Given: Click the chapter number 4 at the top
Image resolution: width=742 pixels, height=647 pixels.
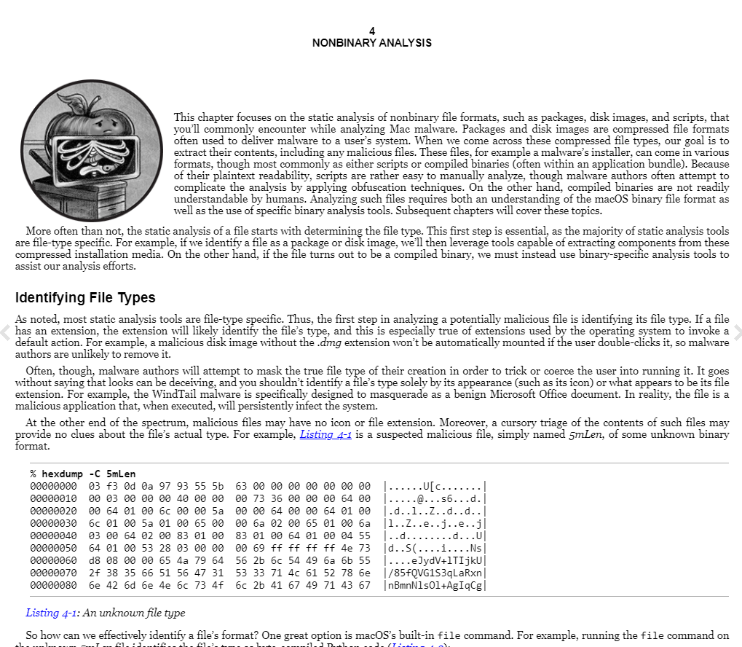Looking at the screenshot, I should click(371, 31).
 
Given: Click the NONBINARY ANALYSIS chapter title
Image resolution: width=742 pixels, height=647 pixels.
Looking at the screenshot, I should click(371, 43).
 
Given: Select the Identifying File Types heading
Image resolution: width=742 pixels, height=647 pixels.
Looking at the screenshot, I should click(85, 297).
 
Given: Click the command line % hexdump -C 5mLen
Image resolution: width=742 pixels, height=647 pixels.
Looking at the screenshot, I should click(83, 474).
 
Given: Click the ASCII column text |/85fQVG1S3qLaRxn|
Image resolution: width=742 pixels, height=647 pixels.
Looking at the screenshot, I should click(435, 573).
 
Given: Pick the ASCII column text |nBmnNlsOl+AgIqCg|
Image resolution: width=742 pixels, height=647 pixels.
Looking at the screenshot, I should click(435, 585).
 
